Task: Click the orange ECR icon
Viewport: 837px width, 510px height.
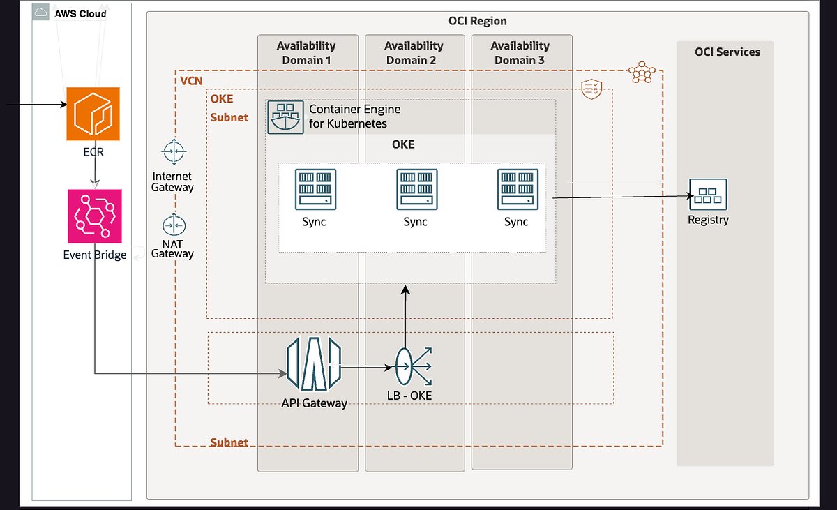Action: [x=93, y=114]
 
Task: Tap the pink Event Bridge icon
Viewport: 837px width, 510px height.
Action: [x=95, y=216]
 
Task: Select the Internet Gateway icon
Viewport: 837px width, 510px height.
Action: [x=172, y=151]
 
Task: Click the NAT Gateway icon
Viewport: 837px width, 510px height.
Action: [x=172, y=225]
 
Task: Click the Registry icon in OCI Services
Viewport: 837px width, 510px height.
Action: [x=708, y=195]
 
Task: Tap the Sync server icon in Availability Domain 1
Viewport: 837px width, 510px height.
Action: [x=315, y=188]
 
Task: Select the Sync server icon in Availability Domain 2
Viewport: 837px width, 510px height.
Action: [x=416, y=188]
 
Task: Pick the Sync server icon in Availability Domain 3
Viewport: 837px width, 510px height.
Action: [x=517, y=188]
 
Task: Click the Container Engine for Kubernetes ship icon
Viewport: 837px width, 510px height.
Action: [x=286, y=117]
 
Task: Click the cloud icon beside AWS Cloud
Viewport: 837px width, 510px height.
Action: [x=41, y=13]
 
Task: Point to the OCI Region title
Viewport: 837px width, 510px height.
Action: [x=477, y=21]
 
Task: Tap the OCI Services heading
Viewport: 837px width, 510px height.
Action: [x=727, y=52]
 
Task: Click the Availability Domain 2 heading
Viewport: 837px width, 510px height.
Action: [x=413, y=53]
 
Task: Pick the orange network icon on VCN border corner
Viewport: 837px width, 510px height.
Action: [x=641, y=72]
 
